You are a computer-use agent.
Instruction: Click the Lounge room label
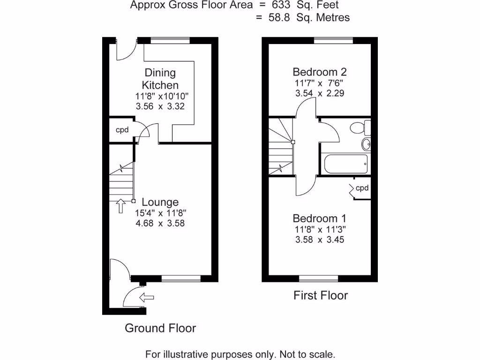[160, 202]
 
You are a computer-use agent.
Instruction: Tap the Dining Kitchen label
[160, 79]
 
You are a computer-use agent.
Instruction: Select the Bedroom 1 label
[319, 218]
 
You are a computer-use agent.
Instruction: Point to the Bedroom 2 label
[319, 72]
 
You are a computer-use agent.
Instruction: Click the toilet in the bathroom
[361, 127]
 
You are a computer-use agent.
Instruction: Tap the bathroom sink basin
[366, 144]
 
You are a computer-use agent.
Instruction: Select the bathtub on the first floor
[345, 163]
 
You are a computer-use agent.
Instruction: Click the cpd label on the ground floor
[122, 130]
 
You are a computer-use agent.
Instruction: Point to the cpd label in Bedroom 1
[362, 188]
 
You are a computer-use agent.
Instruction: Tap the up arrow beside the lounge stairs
[120, 205]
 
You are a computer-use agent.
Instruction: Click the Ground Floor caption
[160, 328]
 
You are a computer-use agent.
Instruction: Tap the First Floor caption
[321, 295]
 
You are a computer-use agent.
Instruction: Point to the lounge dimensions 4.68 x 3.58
[160, 224]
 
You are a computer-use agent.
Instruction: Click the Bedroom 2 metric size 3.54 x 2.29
[320, 93]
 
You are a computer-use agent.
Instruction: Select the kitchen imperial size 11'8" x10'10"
[161, 97]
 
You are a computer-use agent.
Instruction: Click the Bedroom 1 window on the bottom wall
[319, 279]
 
